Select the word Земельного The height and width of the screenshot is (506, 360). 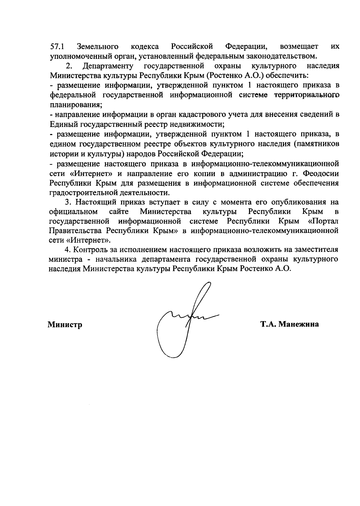pos(97,47)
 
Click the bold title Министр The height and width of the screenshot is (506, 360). pos(65,324)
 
